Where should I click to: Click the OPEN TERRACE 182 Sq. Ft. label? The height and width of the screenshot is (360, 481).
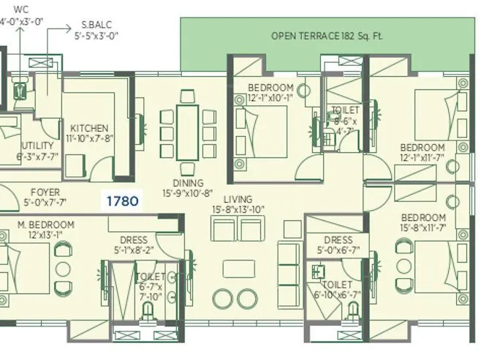(327, 35)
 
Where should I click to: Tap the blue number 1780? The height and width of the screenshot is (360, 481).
(122, 200)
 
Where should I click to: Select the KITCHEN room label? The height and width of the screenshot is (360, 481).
(89, 128)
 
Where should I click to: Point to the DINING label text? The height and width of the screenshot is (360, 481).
(188, 184)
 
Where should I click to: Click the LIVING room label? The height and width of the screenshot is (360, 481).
(238, 199)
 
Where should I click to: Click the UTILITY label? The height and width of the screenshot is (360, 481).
(37, 146)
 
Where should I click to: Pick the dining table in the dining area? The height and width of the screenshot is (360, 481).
(188, 130)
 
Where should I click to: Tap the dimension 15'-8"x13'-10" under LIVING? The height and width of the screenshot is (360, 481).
(238, 210)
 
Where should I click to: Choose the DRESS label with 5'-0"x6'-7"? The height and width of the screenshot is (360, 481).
(336, 240)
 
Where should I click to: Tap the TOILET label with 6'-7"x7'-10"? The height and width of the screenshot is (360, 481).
(151, 277)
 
